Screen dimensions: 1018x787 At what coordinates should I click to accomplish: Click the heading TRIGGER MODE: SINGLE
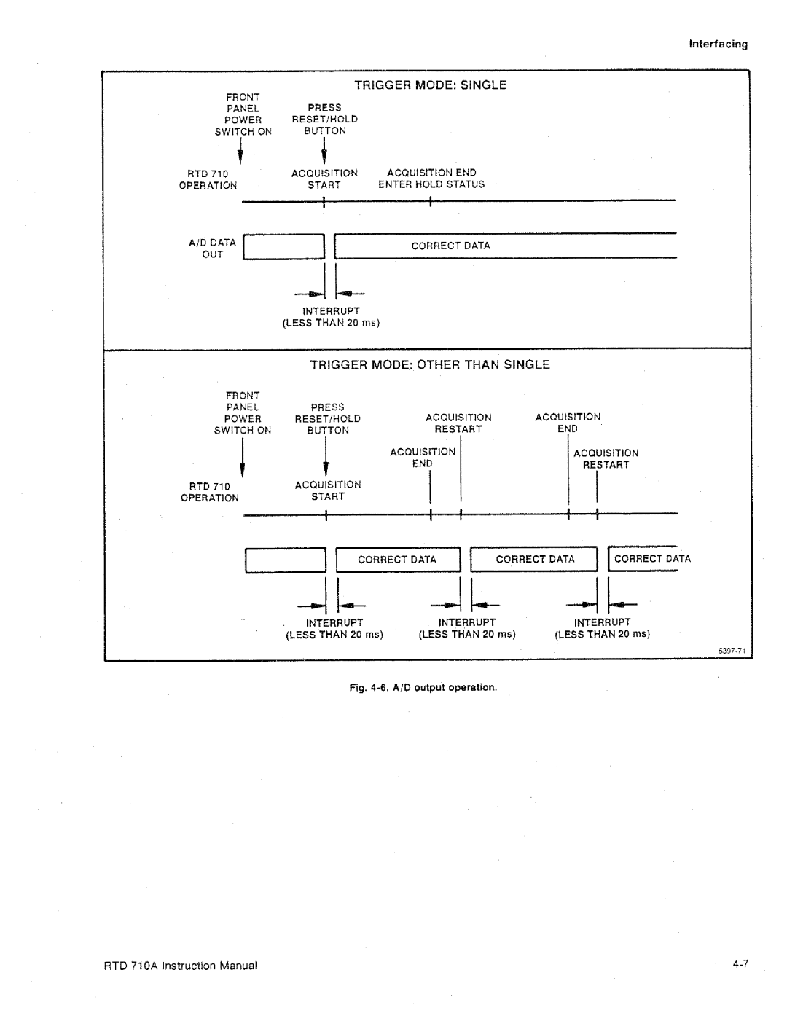coord(430,85)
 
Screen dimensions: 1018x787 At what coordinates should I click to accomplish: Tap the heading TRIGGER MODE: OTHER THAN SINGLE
coord(430,364)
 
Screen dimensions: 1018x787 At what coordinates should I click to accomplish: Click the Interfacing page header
coord(719,44)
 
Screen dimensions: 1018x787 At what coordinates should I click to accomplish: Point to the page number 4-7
coord(740,965)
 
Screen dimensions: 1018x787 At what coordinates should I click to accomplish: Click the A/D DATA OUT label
coord(213,248)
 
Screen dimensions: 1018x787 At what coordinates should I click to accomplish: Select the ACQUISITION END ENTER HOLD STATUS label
coord(431,179)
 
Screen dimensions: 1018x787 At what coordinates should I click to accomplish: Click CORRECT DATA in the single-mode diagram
coord(450,246)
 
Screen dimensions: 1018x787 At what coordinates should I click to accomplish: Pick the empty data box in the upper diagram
coord(283,247)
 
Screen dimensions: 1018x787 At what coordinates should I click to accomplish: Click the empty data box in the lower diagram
coord(285,560)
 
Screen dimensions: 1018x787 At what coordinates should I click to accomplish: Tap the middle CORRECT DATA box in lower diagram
coord(535,560)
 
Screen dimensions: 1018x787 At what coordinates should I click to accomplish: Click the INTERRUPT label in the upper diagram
coord(332,316)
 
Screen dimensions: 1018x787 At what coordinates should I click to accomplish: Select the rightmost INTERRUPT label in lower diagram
coord(602,628)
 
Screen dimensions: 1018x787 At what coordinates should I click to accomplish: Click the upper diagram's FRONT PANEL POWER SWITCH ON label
coord(243,114)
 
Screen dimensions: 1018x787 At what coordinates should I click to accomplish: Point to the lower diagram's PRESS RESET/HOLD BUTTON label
coord(327,419)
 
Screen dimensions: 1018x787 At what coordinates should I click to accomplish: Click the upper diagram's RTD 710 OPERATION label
coord(208,180)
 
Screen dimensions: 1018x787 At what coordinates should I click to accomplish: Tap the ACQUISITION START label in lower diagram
coord(328,490)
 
